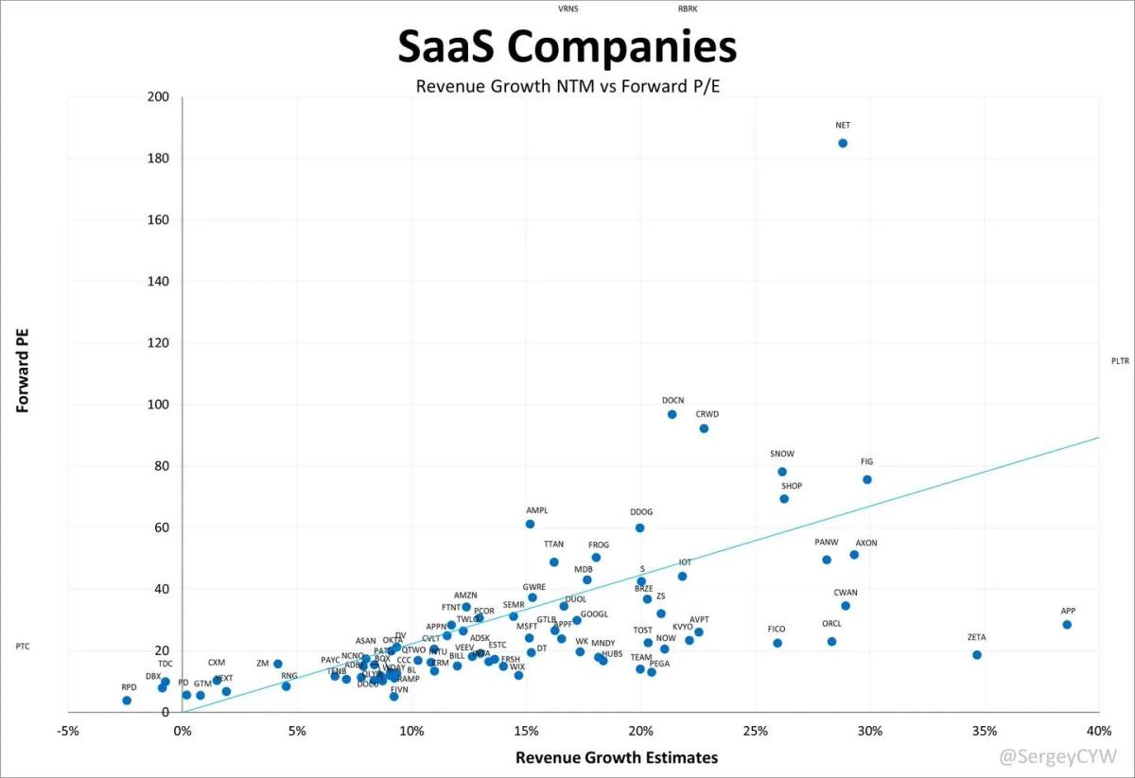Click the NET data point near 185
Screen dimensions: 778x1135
tap(843, 144)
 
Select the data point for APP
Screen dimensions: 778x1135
tap(1067, 625)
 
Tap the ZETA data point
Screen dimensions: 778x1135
tap(977, 655)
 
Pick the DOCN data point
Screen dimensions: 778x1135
tap(672, 414)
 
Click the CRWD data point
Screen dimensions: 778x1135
tap(704, 428)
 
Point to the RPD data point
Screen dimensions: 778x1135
tap(127, 700)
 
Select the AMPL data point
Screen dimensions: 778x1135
tap(530, 524)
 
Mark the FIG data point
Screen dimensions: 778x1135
tap(867, 480)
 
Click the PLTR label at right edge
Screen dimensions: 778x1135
tap(1121, 361)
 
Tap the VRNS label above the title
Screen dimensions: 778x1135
tap(569, 9)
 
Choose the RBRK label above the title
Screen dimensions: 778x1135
tap(688, 9)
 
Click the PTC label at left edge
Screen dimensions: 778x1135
tap(23, 647)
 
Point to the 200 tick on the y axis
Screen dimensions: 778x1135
tap(158, 97)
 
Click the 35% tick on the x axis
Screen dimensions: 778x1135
tap(985, 731)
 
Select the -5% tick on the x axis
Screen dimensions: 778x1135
tap(67, 731)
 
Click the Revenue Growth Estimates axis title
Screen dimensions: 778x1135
tap(617, 757)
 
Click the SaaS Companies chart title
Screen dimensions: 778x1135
tap(567, 47)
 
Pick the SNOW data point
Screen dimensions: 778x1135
tap(782, 472)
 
